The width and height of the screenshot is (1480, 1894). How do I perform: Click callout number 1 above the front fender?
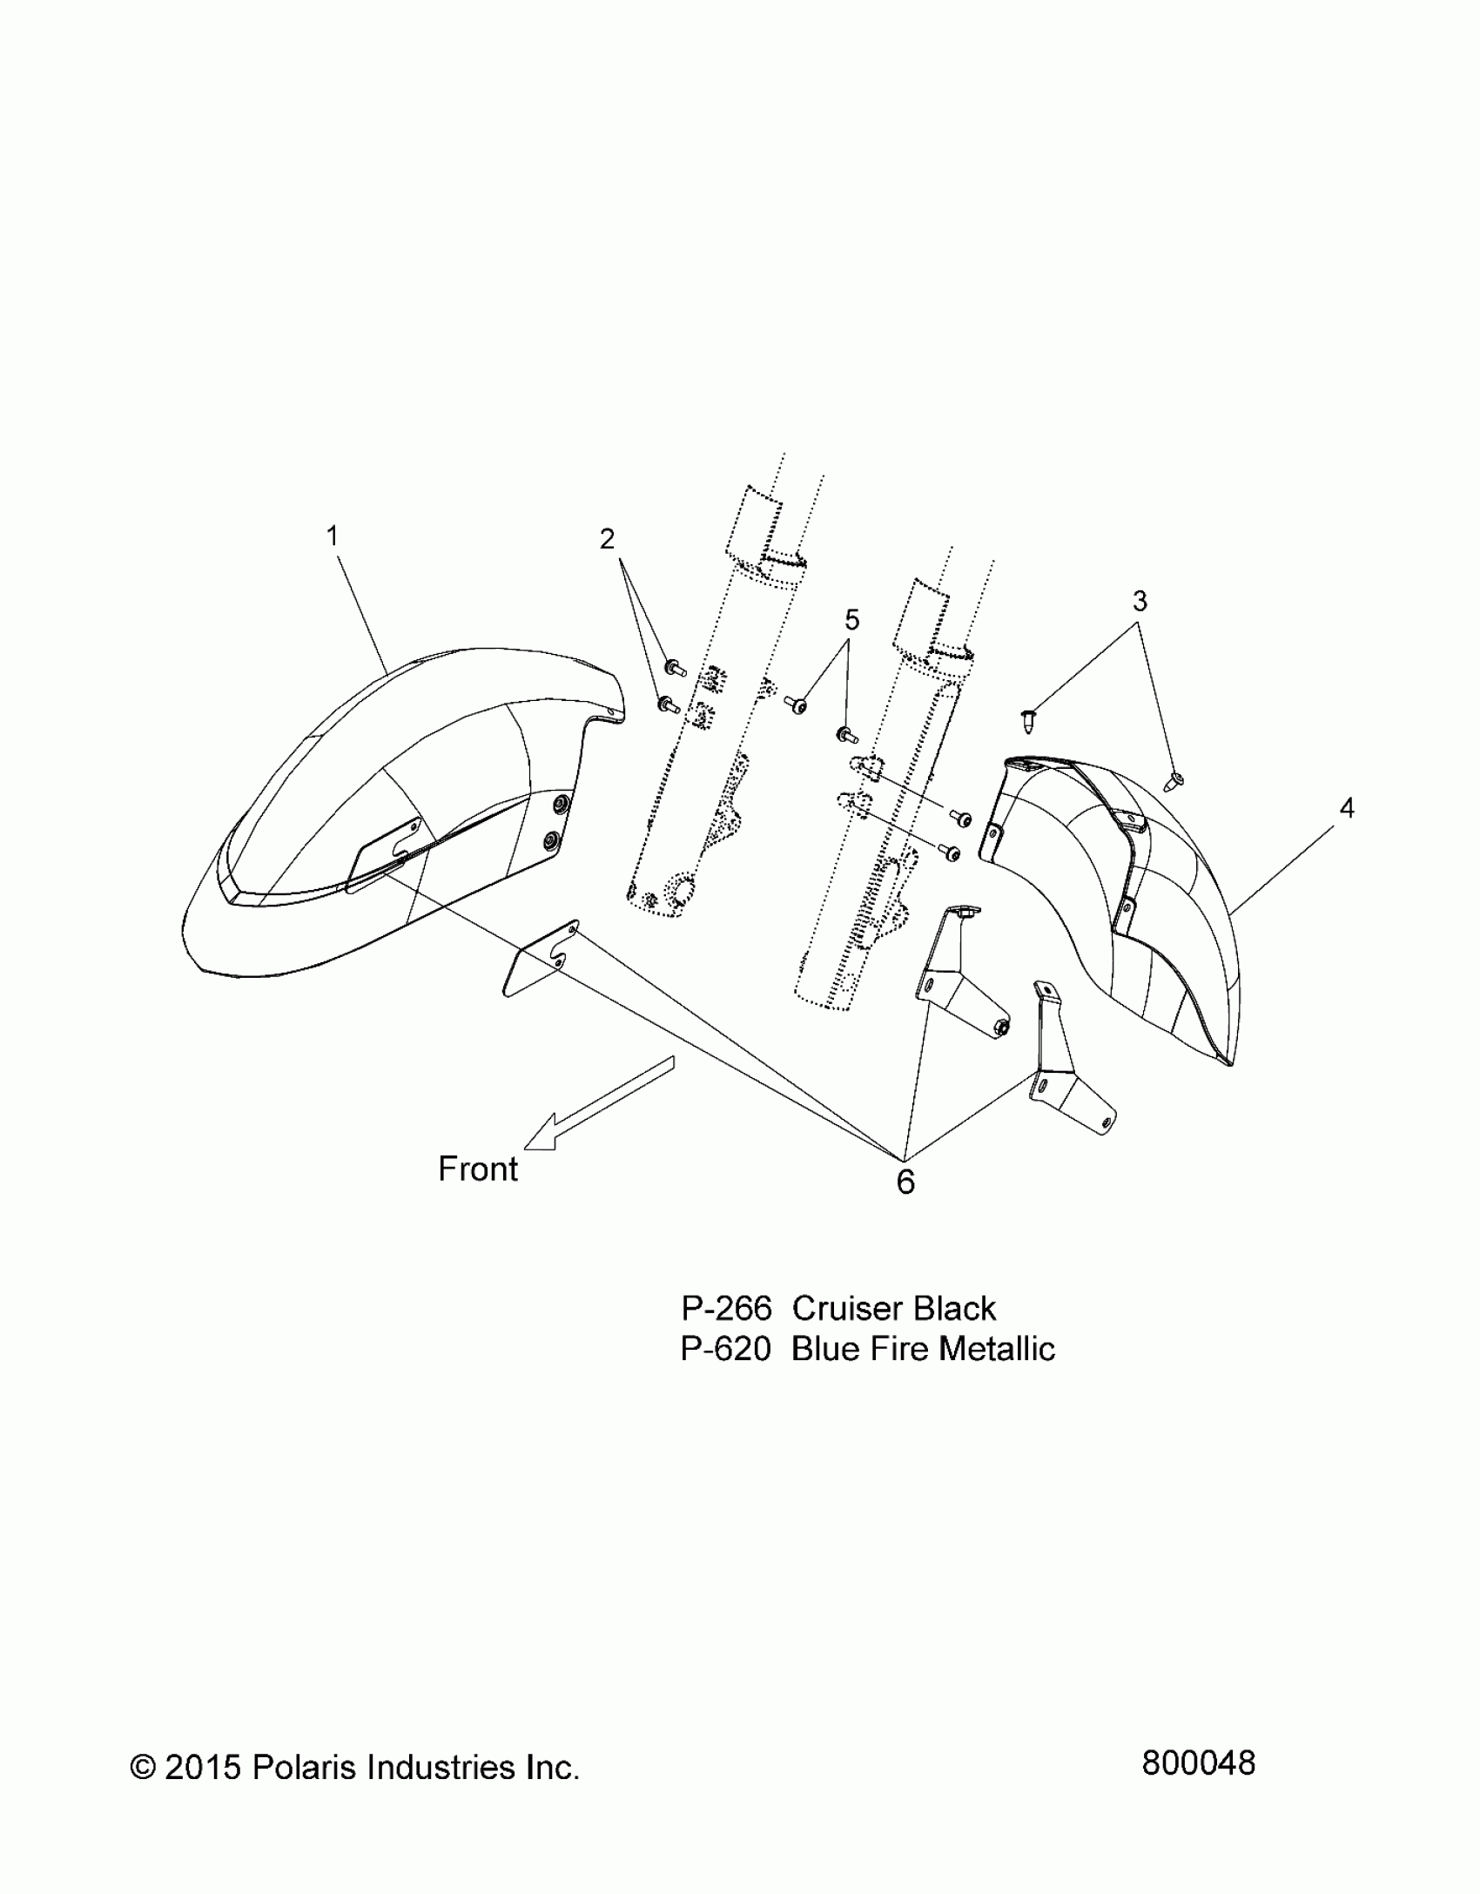pos(332,536)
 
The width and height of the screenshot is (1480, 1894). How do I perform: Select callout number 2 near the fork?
pos(607,539)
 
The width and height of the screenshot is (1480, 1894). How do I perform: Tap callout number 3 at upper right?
pos(1140,601)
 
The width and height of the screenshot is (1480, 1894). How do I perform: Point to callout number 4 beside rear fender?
pos(1346,808)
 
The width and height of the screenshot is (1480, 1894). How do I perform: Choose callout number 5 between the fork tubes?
pos(851,620)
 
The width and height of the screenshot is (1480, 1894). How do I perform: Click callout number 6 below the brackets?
pos(905,1182)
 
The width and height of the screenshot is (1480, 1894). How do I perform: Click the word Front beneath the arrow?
pos(478,1169)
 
